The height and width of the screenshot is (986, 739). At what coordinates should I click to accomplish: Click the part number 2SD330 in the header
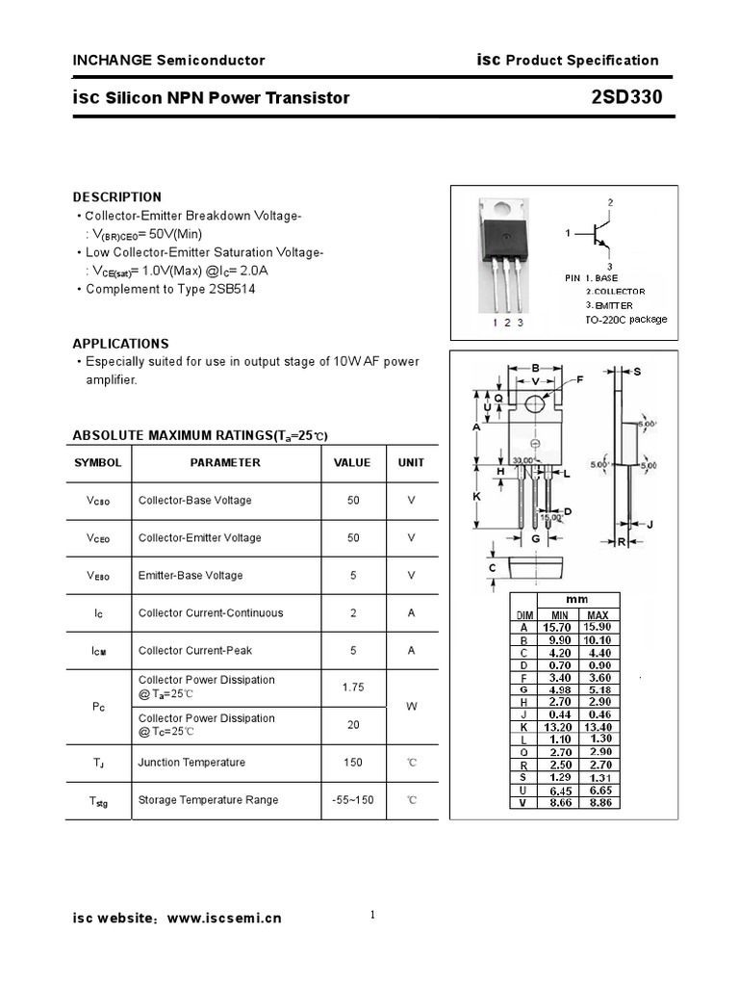627,97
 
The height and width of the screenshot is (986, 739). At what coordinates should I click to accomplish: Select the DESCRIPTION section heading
117,196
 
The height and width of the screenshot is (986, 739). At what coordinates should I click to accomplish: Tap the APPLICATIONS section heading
120,343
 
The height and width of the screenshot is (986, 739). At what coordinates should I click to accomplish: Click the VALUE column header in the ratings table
352,463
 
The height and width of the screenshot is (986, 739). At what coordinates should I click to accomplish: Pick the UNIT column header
411,463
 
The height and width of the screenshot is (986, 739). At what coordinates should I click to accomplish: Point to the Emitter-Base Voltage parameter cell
191,576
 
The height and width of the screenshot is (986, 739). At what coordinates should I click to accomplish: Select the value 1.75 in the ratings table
352,687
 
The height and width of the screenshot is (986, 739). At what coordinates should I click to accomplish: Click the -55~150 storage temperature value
352,800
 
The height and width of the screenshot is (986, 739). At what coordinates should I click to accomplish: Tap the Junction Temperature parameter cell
191,763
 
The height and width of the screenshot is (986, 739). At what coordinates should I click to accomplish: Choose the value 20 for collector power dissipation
352,725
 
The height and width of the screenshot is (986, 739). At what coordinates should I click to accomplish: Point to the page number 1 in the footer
371,916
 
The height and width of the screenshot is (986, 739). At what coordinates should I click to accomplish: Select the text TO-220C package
625,320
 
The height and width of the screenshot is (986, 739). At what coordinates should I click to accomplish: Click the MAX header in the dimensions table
597,614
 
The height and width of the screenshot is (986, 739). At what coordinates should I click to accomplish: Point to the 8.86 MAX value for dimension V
597,801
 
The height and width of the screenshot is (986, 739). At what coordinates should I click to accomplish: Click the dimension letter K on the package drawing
476,497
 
